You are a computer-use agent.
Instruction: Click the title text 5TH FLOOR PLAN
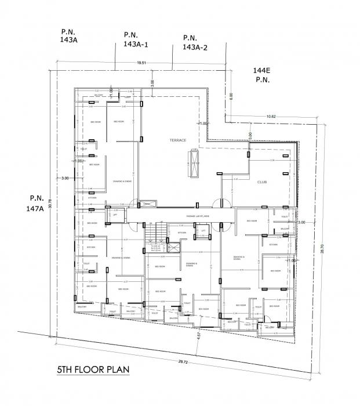pyautogui.click(x=92, y=369)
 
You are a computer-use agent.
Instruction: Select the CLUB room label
pyautogui.click(x=261, y=182)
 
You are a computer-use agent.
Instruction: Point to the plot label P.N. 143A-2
pyautogui.click(x=195, y=41)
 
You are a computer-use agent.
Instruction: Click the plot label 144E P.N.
pyautogui.click(x=262, y=75)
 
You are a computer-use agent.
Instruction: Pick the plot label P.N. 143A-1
pyautogui.click(x=136, y=39)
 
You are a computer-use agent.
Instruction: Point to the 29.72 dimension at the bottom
pyautogui.click(x=183, y=361)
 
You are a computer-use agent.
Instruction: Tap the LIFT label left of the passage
pyautogui.click(x=115, y=215)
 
